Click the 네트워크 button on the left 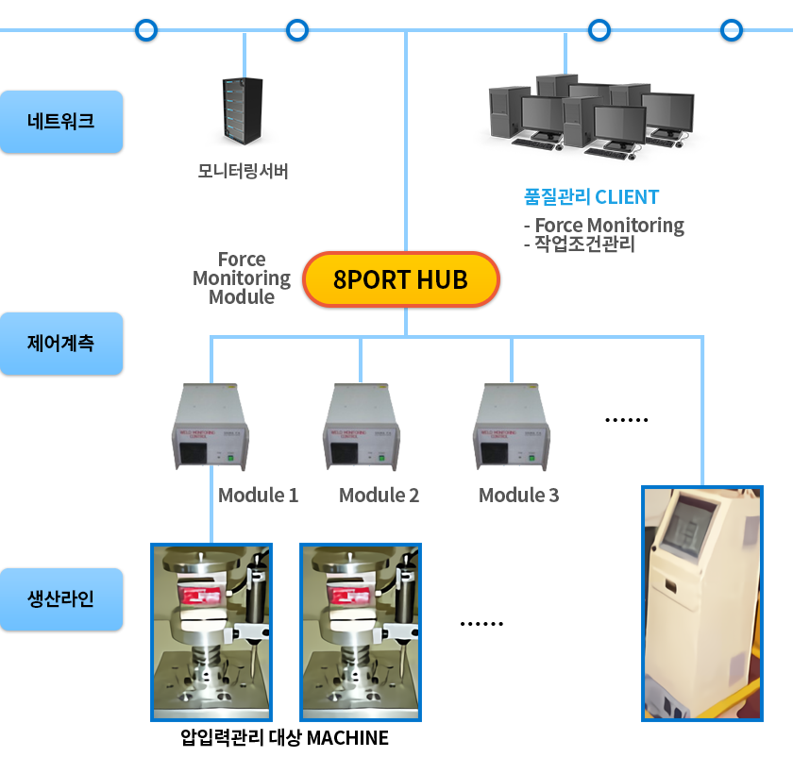pos(62,122)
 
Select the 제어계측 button pos(62,344)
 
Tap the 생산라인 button pos(62,599)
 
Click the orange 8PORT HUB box pos(400,280)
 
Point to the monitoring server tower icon pos(242,111)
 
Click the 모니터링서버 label pos(243,171)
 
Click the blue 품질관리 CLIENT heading pos(591,197)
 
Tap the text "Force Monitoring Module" pos(242,278)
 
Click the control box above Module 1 pos(211,427)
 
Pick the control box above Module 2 pos(362,427)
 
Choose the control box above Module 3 pos(512,427)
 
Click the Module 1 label pos(258,496)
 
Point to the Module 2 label pos(379,496)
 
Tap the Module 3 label pos(518,496)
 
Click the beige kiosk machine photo pos(701,604)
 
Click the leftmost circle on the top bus pos(145,30)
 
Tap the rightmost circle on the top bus pos(731,30)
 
